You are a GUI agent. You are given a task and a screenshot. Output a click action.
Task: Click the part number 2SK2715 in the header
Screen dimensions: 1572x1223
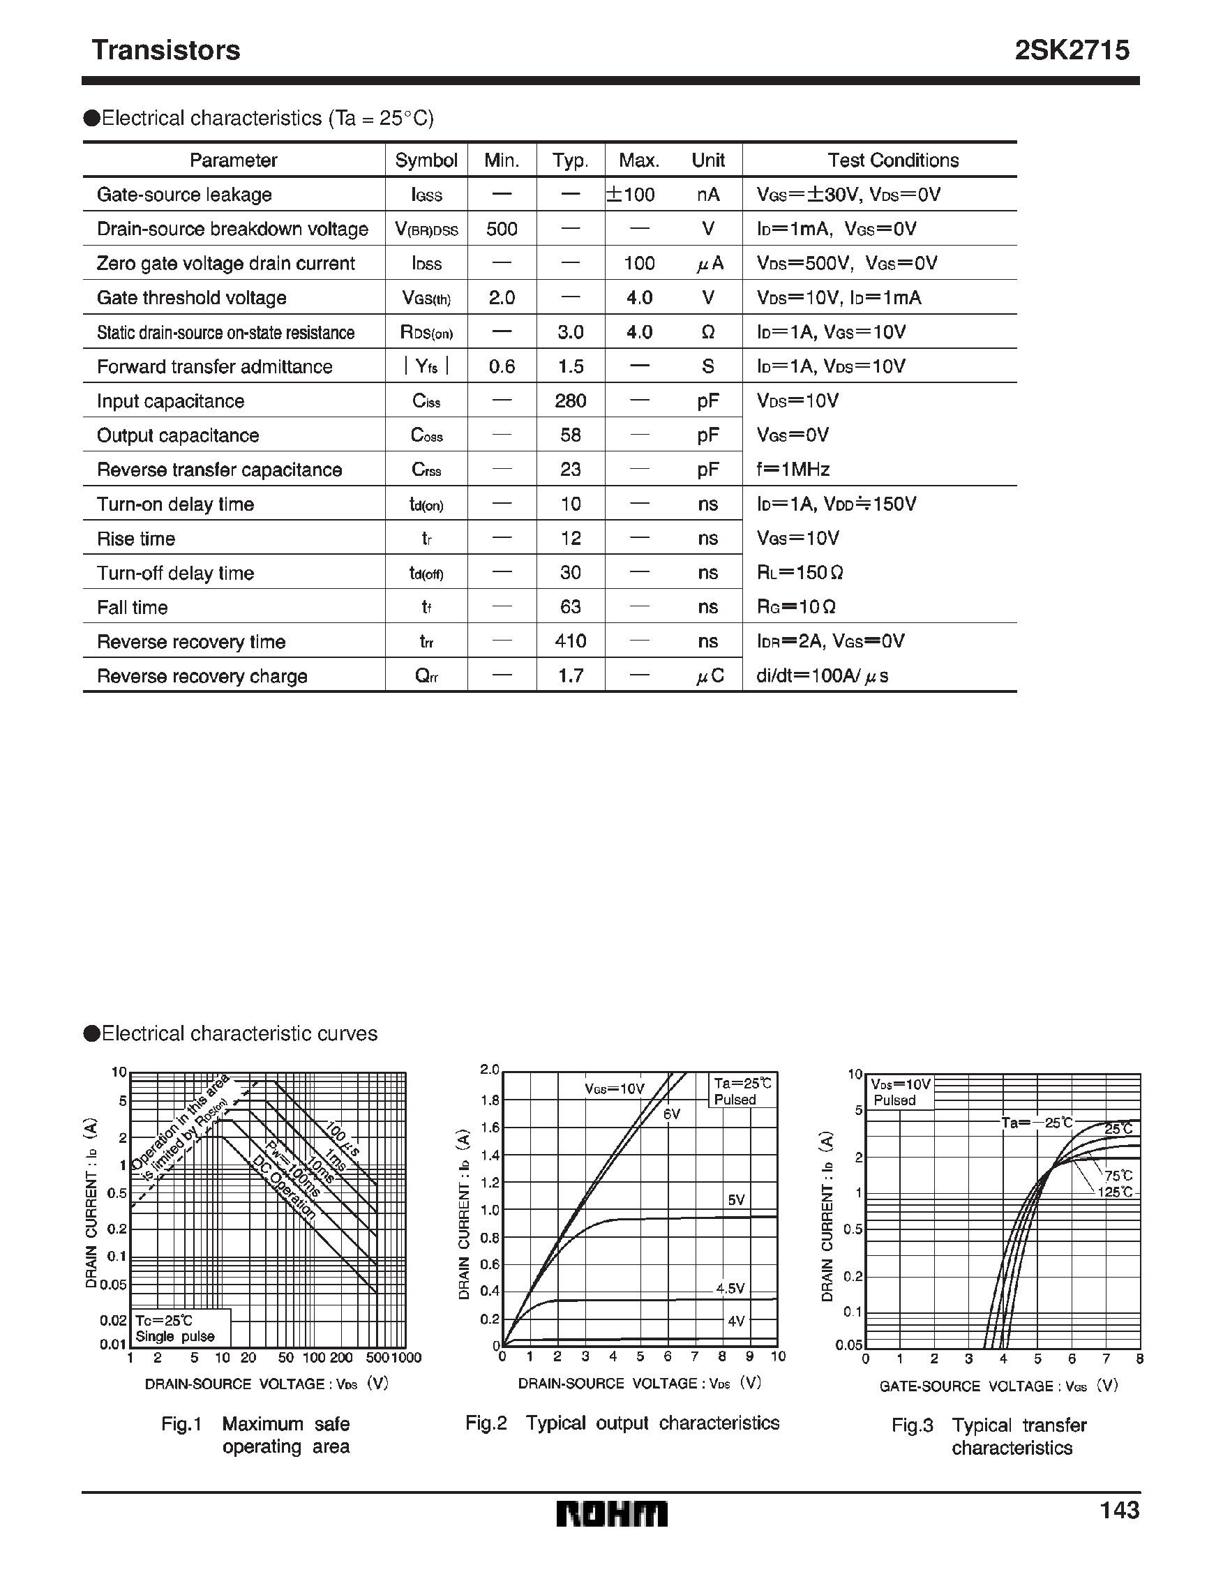point(1071,50)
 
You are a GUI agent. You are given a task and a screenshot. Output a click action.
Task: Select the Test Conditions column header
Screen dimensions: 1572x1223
point(892,160)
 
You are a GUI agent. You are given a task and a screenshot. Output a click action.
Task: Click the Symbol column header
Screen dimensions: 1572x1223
point(426,160)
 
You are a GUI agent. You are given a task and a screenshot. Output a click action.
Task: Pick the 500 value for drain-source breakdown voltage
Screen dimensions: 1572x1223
point(502,229)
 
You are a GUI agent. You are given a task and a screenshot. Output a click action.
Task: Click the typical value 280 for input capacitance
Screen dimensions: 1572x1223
point(570,401)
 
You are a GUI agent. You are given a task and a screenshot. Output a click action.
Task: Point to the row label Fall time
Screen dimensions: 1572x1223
point(133,608)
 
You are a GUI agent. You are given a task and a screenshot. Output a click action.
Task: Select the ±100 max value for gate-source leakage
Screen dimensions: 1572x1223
point(631,195)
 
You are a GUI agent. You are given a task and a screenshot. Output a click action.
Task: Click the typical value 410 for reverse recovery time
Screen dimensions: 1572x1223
point(570,641)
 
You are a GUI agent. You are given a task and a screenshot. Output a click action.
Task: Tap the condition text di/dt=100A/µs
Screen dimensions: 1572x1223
point(822,676)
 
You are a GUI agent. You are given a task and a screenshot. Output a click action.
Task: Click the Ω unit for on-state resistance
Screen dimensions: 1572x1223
point(707,333)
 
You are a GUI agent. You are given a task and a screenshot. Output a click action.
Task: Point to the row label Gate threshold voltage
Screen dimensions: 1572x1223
point(191,298)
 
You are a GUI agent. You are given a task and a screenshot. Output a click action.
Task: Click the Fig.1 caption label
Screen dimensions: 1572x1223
point(181,1423)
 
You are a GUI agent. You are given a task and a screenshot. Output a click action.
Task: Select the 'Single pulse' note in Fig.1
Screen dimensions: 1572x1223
point(175,1337)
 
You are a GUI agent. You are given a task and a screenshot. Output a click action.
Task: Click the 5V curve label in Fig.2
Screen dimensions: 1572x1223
point(735,1200)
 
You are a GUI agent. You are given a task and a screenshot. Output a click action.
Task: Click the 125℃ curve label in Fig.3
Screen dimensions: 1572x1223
point(1115,1192)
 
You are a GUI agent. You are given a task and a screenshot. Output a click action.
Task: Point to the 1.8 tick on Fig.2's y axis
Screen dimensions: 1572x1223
point(490,1100)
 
